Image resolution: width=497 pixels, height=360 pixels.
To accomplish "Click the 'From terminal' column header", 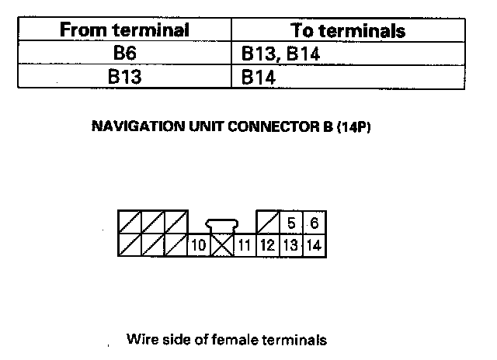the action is [125, 30].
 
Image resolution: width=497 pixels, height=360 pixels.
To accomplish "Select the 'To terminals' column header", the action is [348, 30].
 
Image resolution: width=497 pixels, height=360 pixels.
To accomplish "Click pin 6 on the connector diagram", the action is [313, 223].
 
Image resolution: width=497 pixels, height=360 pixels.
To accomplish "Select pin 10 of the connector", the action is [199, 247].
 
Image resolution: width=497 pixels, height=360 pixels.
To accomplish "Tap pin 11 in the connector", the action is [245, 247].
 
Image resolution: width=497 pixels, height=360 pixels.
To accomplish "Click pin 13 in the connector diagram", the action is [290, 247].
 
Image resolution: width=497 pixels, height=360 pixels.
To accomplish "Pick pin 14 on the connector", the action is [313, 247].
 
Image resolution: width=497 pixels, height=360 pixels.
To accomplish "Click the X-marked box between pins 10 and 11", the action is [223, 247].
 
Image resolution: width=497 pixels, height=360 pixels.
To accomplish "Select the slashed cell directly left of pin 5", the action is [268, 223].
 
